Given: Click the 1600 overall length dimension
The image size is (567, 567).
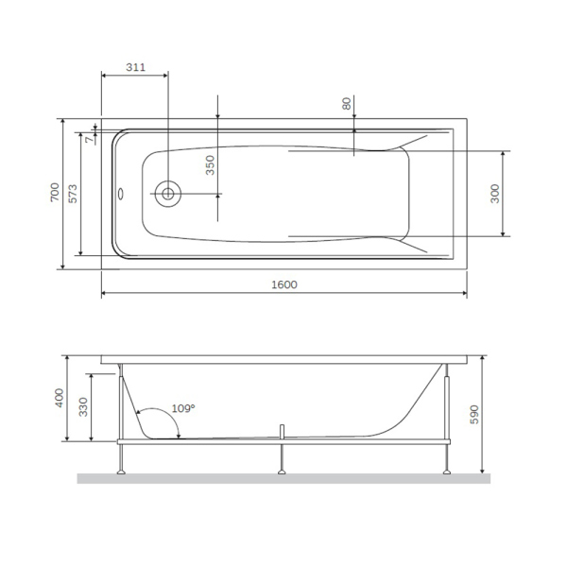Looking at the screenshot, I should click(x=283, y=285).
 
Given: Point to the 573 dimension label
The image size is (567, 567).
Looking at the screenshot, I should click(x=72, y=193).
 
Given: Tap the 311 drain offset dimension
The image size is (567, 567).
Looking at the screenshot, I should click(x=135, y=67).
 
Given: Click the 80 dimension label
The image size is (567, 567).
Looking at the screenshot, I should click(x=346, y=104).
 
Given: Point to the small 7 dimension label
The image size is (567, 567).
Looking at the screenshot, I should click(x=89, y=139).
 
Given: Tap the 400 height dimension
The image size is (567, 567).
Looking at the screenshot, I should click(x=59, y=399).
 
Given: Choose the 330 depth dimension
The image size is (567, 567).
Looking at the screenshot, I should click(x=83, y=408).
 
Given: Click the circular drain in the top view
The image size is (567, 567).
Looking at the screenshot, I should click(x=167, y=194).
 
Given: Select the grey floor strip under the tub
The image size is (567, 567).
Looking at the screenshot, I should click(x=283, y=478).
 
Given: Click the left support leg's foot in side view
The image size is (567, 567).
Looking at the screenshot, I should click(x=121, y=470).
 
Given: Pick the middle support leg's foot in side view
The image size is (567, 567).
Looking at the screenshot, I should click(x=282, y=470).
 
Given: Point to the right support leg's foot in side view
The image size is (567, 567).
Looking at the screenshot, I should click(x=444, y=470).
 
